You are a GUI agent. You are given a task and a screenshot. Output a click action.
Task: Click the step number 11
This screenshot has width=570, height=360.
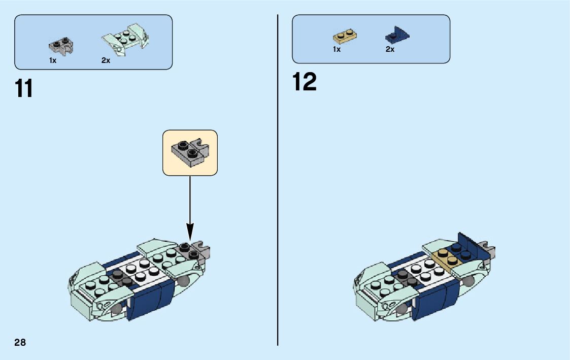24,88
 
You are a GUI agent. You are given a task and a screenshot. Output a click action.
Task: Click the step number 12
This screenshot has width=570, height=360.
305,82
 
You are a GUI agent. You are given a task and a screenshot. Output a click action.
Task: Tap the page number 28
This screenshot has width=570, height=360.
20,342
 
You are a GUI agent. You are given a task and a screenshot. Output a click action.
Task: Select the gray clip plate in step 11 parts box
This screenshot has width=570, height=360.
60,46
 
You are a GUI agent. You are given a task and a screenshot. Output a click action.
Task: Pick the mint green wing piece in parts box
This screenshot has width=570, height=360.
124,39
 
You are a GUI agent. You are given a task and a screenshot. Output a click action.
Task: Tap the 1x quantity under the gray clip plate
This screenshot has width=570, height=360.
53,60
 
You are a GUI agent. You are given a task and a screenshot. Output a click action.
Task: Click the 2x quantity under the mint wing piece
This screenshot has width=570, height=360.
106,60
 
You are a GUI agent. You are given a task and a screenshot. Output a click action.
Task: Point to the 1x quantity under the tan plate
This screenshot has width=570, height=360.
337,49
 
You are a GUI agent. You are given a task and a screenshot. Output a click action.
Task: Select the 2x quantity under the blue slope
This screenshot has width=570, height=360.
390,49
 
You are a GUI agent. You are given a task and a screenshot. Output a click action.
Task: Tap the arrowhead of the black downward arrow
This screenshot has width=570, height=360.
190,236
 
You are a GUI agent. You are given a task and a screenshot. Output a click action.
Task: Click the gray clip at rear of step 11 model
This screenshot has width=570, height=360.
204,250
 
